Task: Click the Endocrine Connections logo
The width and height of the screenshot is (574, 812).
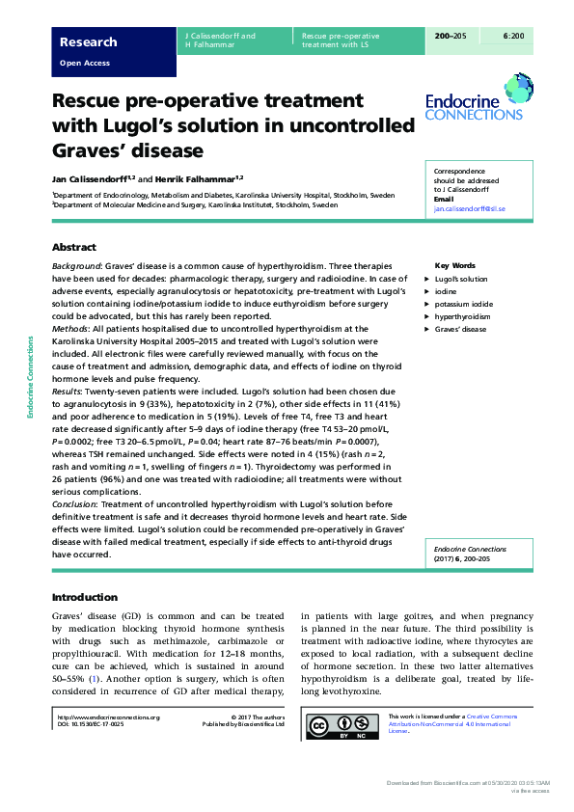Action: coord(470,105)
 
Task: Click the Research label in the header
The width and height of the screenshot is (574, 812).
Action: coord(88,41)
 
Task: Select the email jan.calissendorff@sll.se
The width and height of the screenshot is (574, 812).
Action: coord(470,208)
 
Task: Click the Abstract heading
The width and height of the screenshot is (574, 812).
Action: coord(73,247)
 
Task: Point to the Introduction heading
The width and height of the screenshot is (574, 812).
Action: coord(84,597)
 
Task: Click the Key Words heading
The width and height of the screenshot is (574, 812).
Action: coord(455,265)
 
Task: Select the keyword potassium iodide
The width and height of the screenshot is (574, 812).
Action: coord(463,304)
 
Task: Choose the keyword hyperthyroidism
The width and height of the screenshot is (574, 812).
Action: coord(462,316)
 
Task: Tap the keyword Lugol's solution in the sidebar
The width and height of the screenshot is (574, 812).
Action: coord(461,279)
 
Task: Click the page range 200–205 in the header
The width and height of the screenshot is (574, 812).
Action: coord(451,36)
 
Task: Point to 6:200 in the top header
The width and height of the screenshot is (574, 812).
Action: coord(514,36)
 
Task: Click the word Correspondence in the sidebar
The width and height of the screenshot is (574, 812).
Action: coord(458,172)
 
